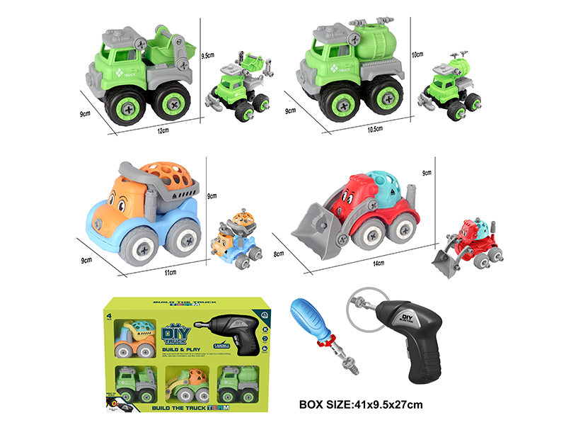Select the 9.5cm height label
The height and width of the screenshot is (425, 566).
(207, 54)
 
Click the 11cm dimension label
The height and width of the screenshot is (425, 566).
(171, 271)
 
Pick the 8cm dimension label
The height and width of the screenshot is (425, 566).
(280, 253)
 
